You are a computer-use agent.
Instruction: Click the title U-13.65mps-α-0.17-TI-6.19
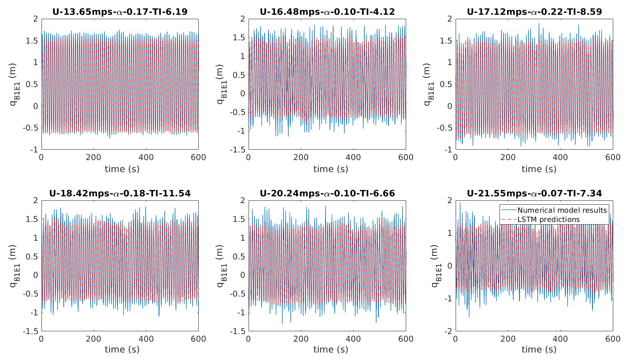click(120, 12)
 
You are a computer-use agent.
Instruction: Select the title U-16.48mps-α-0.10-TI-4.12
click(327, 12)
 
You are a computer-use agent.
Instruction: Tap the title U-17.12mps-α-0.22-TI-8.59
click(534, 12)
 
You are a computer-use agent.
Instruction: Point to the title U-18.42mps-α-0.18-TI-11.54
click(120, 194)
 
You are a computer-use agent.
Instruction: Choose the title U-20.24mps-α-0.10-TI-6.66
click(327, 194)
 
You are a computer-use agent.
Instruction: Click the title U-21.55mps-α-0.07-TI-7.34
click(534, 194)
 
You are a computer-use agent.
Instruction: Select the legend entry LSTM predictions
click(548, 220)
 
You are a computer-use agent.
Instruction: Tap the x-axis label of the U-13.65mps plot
click(122, 169)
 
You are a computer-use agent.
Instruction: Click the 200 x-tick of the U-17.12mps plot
click(508, 158)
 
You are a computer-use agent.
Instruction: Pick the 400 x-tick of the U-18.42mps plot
click(146, 339)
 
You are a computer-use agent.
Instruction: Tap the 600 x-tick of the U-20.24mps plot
click(406, 339)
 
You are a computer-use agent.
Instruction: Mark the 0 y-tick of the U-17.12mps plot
click(449, 106)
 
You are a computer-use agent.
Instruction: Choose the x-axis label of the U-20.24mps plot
click(330, 350)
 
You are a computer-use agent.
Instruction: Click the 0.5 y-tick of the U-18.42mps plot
click(33, 257)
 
